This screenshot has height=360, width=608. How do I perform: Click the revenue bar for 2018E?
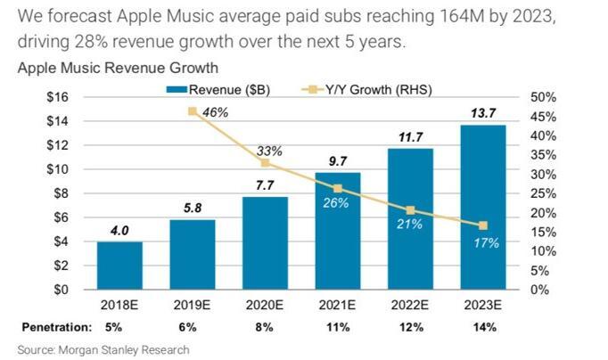click(119, 266)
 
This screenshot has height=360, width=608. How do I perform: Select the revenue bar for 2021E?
click(338, 231)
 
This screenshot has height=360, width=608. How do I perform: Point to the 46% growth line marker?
click(193, 111)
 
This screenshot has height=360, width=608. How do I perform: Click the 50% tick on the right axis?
click(543, 97)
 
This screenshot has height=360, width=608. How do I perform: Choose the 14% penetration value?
click(483, 327)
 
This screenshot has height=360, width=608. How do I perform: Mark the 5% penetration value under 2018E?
click(119, 327)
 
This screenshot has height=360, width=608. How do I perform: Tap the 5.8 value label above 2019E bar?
click(193, 207)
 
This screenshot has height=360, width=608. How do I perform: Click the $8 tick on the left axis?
click(60, 192)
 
